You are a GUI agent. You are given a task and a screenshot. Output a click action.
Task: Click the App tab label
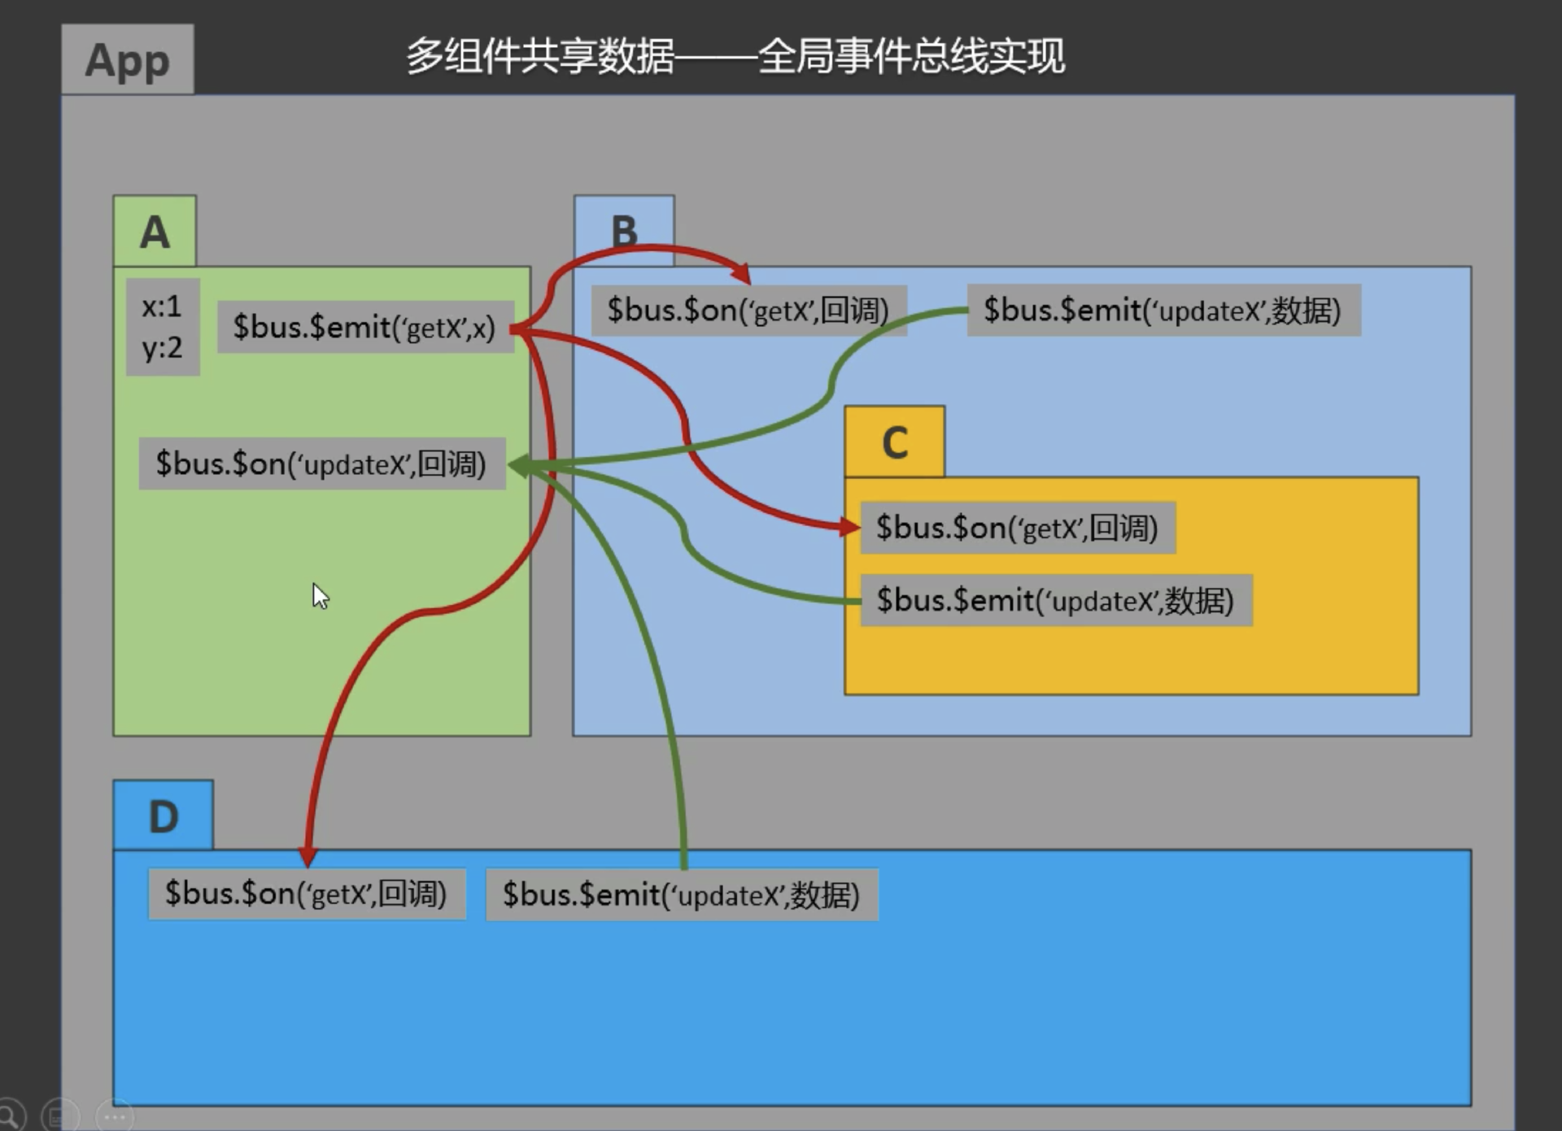coord(127,59)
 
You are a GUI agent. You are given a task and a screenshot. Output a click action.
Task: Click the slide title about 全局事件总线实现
coord(735,56)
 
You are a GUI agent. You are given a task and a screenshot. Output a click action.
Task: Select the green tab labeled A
coord(155,232)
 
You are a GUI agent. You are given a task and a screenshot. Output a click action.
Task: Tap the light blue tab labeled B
coord(624,231)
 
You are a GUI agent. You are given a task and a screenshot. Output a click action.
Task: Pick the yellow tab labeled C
coord(894,442)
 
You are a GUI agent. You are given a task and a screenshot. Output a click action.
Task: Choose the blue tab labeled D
coord(163,816)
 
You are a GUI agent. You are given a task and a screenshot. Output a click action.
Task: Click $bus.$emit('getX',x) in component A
coord(364,327)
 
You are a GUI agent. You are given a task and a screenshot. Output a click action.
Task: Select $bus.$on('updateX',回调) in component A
coord(321,463)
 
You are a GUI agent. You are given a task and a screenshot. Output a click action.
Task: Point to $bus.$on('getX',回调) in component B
coord(748,310)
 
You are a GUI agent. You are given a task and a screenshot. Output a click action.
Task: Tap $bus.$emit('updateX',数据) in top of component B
coord(1163,310)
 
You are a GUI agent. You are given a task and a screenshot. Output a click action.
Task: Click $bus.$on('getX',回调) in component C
coord(1017,528)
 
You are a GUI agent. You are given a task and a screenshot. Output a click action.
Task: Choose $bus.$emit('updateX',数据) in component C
coord(1055,600)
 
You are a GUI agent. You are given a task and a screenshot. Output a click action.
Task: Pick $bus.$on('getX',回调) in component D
coord(306,894)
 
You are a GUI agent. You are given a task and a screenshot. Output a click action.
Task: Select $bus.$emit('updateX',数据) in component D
coord(681,894)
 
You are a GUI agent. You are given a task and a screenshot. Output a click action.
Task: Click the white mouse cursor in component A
coord(320,596)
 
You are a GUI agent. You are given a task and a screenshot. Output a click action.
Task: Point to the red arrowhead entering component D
coord(308,856)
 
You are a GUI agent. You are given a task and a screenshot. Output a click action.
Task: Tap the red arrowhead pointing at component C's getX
coord(849,527)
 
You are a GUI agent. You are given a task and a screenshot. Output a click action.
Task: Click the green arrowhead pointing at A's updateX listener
coord(518,465)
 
